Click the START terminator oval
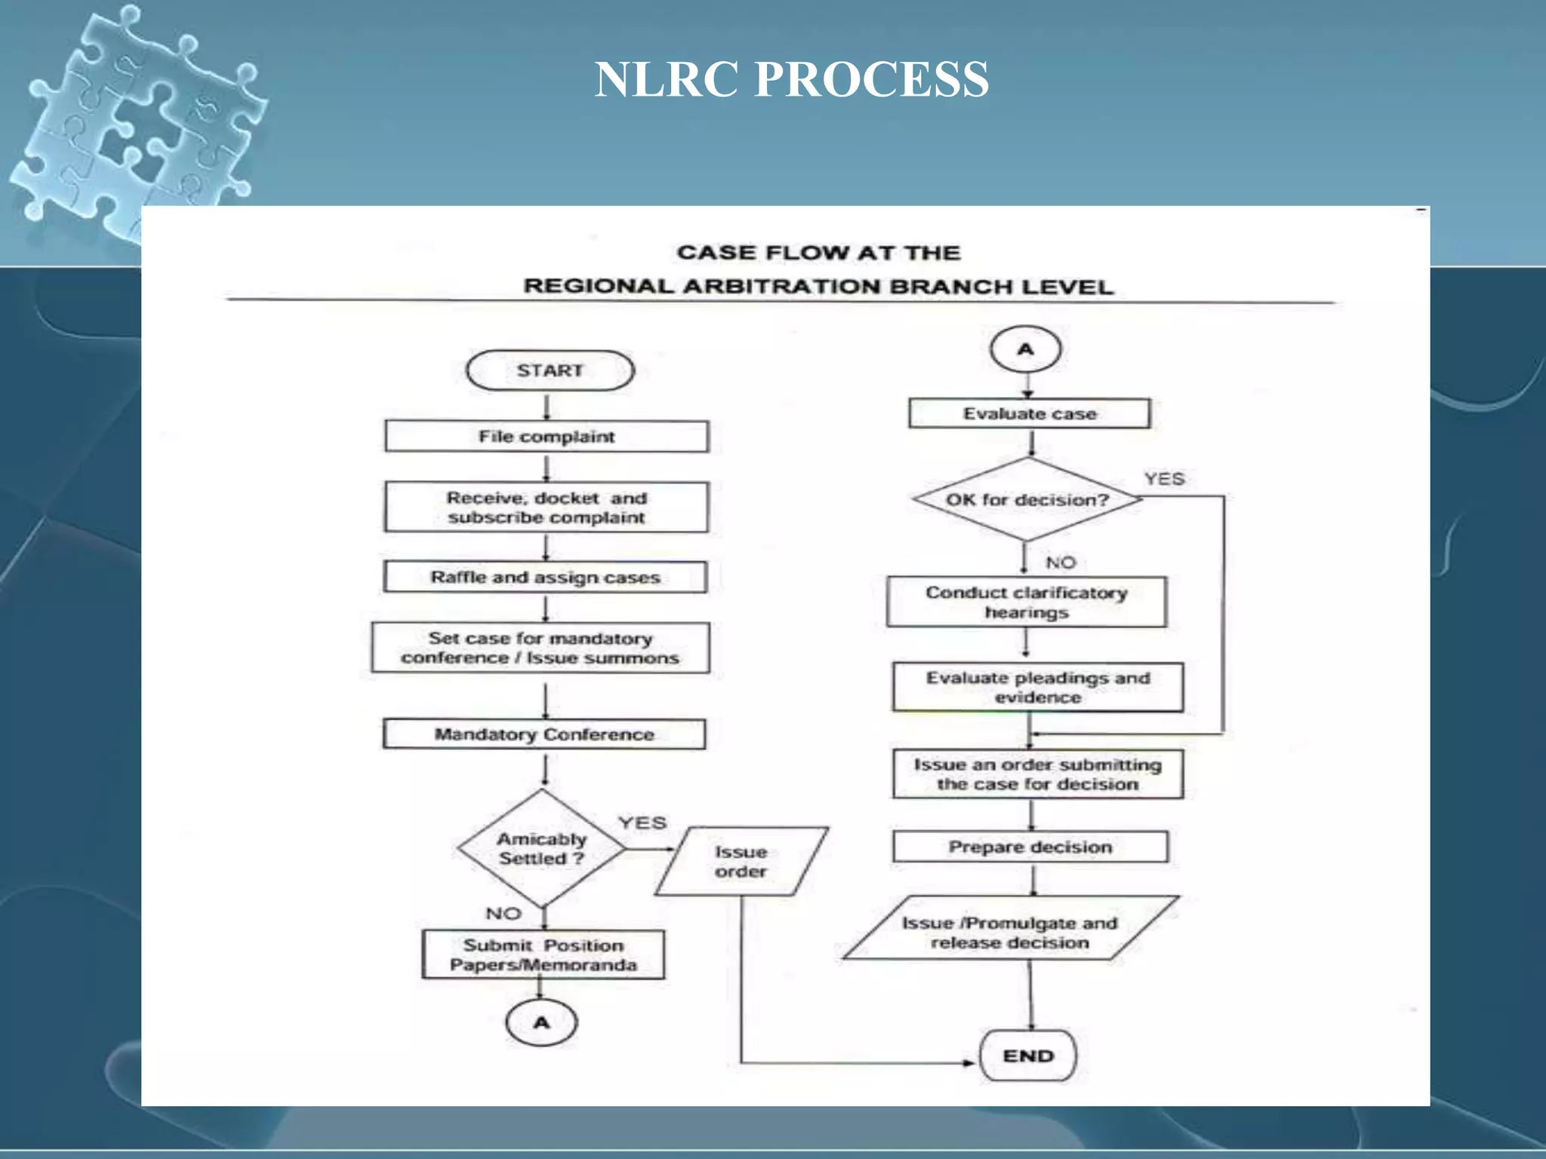coord(550,370)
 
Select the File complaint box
coord(547,437)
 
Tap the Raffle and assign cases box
coord(545,577)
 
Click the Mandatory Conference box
coord(544,734)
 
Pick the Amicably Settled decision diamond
coord(541,849)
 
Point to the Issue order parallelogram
coord(741,862)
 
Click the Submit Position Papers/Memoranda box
coord(544,955)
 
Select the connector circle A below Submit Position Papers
coord(541,1023)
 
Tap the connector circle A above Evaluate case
coord(1025,349)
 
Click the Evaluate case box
coord(1030,413)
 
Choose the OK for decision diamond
coord(1027,500)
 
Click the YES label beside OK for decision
coord(1164,479)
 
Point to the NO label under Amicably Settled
coord(504,914)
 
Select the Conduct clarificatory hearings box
coord(1027,602)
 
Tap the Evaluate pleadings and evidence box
coord(1038,687)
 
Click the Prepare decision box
coord(1030,847)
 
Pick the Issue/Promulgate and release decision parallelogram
coord(1010,933)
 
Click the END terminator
coord(1027,1056)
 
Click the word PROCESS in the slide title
coord(871,79)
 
